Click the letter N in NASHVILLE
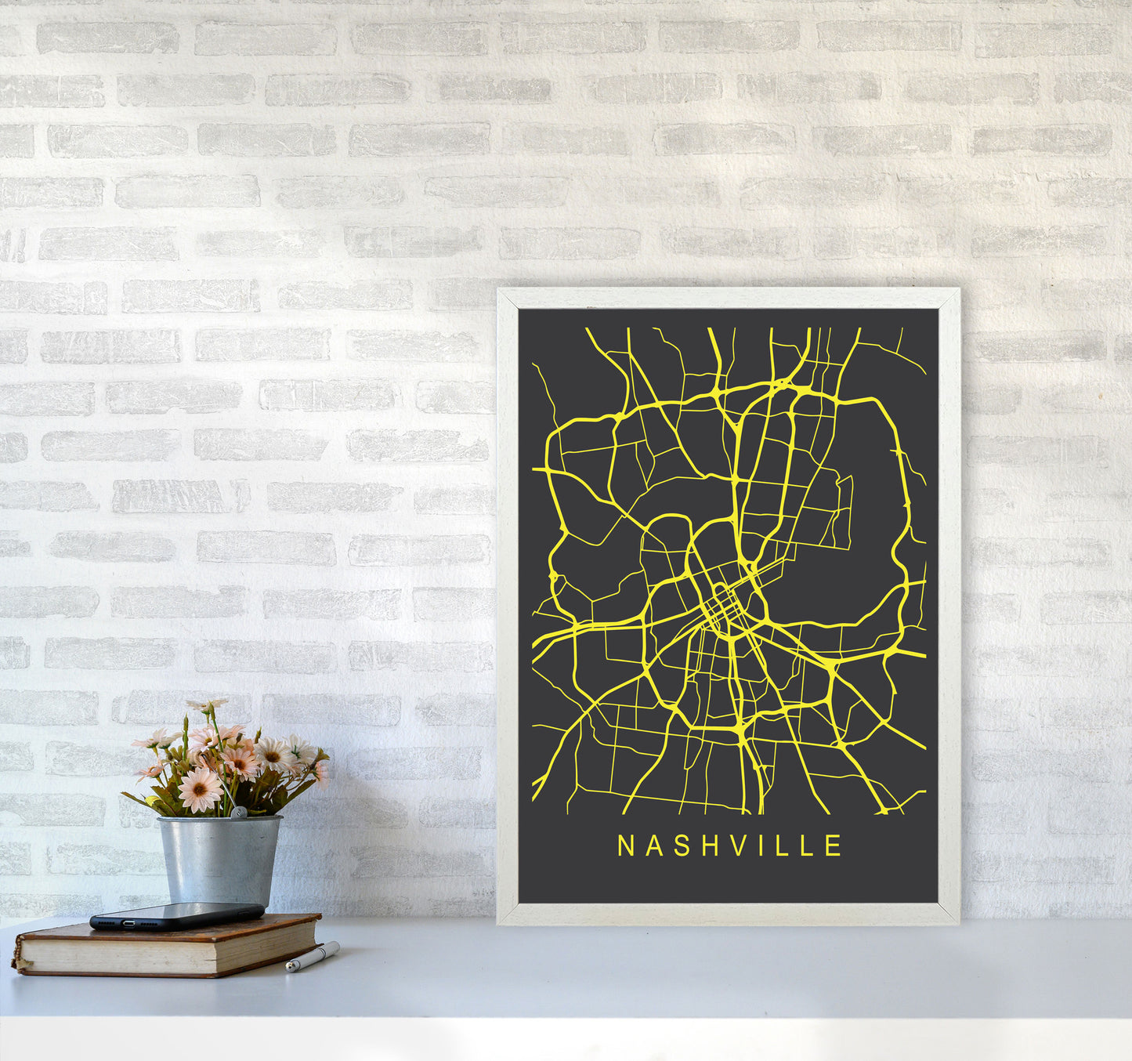coord(625,846)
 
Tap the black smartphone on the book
coord(176,914)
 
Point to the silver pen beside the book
coord(313,958)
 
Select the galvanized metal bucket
coord(219,860)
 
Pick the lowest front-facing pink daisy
coord(200,789)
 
